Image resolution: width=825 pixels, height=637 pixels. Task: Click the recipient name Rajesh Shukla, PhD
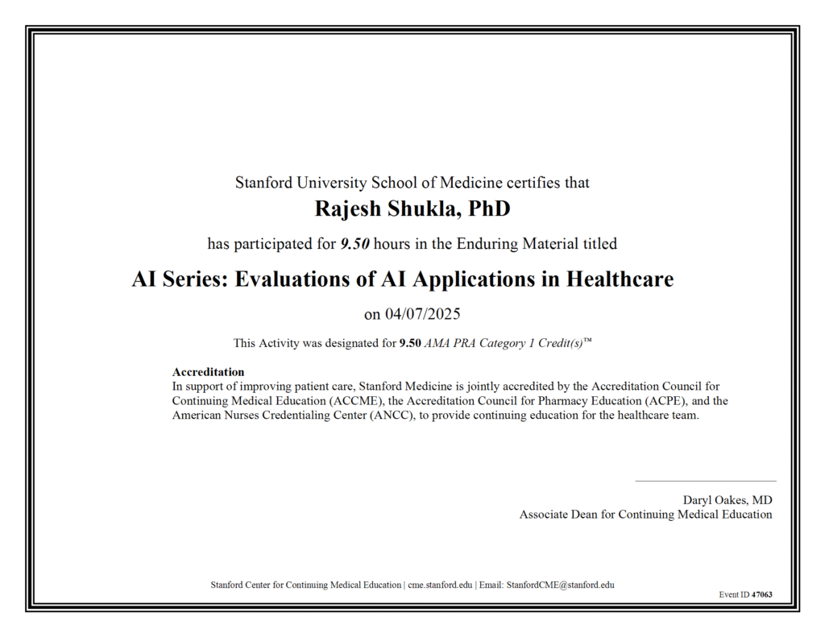pyautogui.click(x=412, y=209)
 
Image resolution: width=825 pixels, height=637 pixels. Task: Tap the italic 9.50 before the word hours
pyautogui.click(x=354, y=243)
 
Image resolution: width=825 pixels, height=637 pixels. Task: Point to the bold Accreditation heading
pyautogui.click(x=208, y=372)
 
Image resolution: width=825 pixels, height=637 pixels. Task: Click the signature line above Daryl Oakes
pyautogui.click(x=705, y=481)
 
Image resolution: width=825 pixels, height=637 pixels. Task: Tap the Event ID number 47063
pyautogui.click(x=761, y=594)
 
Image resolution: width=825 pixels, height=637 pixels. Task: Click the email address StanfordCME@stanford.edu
pyautogui.click(x=560, y=585)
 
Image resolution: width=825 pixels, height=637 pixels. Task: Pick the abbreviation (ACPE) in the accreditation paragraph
pyautogui.click(x=657, y=400)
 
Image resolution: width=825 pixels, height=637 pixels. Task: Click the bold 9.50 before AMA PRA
pyautogui.click(x=410, y=343)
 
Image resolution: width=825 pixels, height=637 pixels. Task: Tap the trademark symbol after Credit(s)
pyautogui.click(x=588, y=341)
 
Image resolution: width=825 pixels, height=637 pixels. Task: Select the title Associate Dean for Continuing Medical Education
pyautogui.click(x=645, y=515)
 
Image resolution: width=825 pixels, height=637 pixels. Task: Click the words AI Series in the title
pyautogui.click(x=176, y=279)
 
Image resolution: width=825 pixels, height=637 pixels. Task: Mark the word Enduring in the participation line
pyautogui.click(x=489, y=243)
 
